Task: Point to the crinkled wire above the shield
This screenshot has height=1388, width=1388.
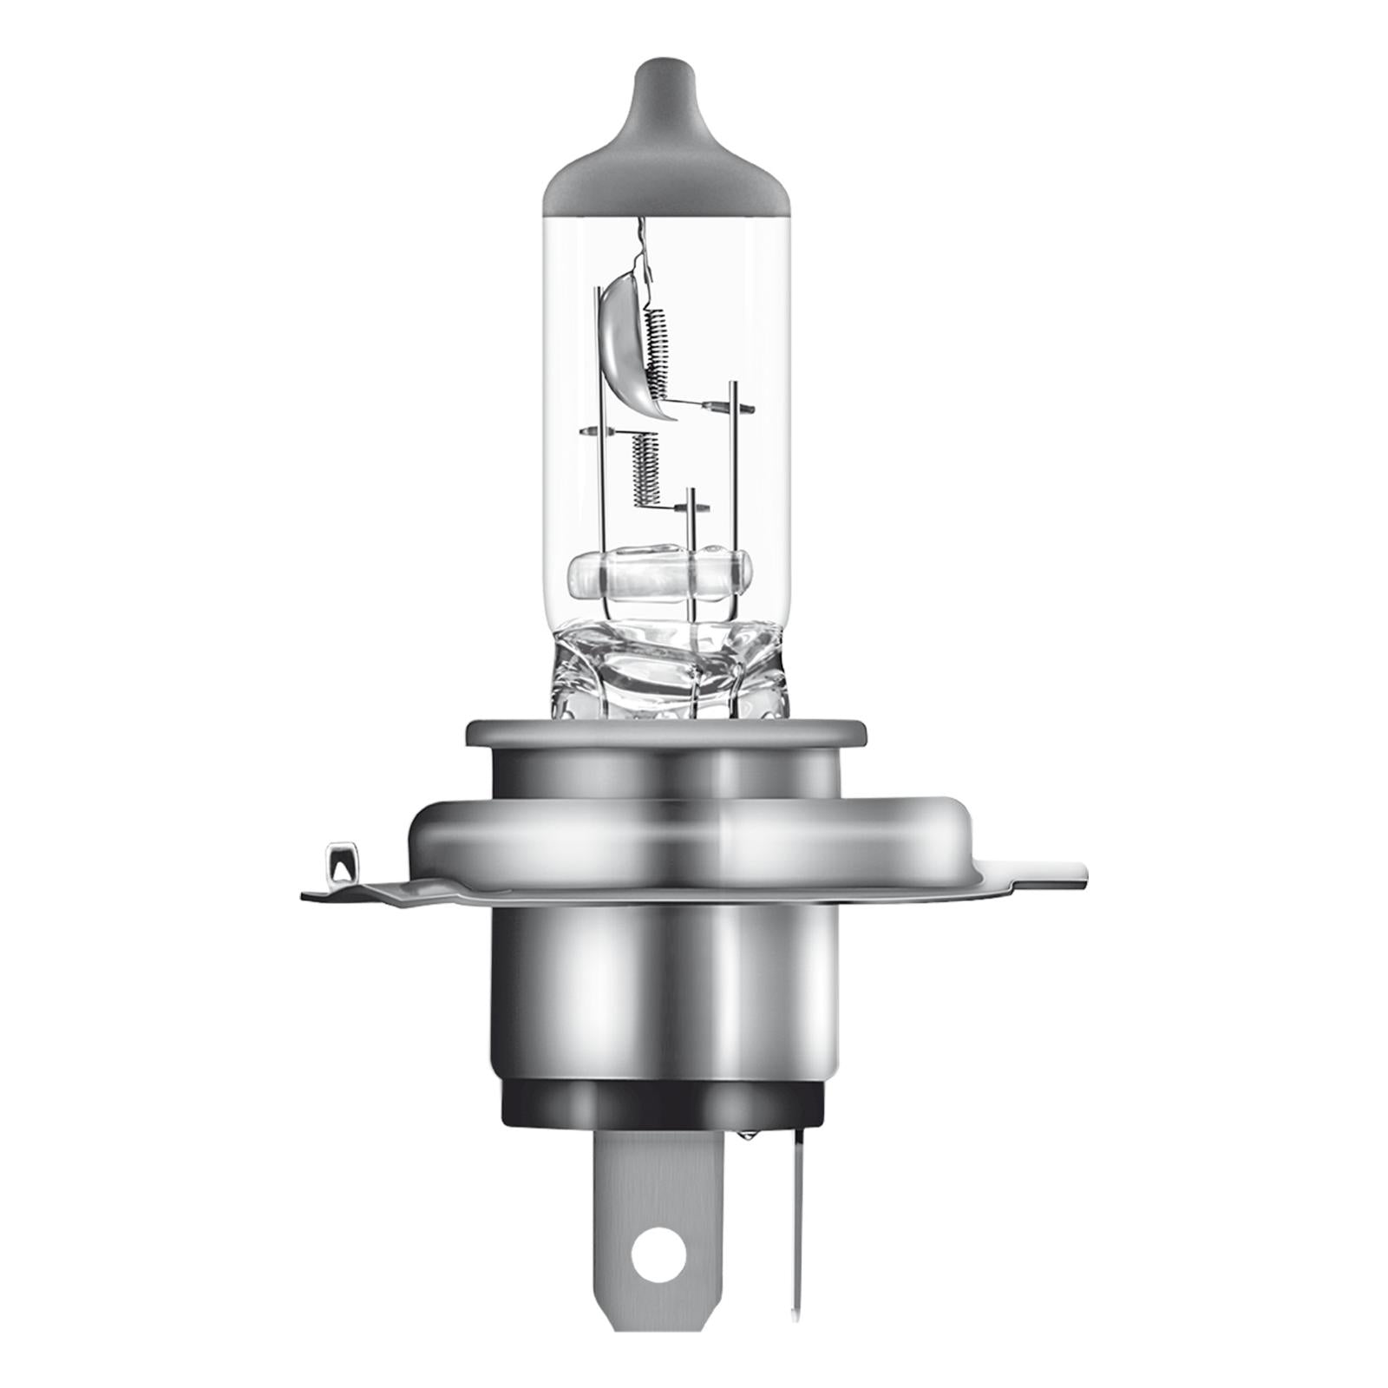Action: pyautogui.click(x=642, y=243)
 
